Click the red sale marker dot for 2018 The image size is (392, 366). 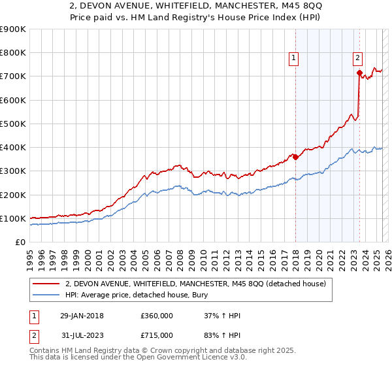tap(295, 157)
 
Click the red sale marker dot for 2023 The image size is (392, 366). tap(359, 73)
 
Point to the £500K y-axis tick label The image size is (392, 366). tap(13, 124)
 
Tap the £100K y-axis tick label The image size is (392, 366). tap(13, 218)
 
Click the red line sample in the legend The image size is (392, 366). tap(46, 284)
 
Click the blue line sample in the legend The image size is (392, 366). tap(46, 296)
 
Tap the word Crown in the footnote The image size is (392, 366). tap(148, 351)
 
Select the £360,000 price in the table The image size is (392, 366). tap(156, 316)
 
